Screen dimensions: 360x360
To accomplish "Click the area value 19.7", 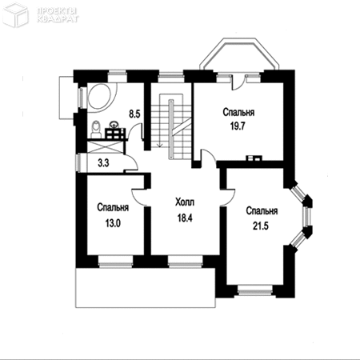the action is pyautogui.click(x=238, y=126).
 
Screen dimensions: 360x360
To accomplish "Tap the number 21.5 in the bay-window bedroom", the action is pyautogui.click(x=261, y=226).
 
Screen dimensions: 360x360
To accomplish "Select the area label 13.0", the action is pyautogui.click(x=113, y=223).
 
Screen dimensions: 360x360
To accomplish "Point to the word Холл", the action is pyautogui.click(x=185, y=202).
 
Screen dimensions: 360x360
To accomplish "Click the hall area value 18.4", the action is pyautogui.click(x=185, y=218).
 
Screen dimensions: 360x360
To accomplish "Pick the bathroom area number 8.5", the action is pyautogui.click(x=134, y=114).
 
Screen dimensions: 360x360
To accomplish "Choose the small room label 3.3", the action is pyautogui.click(x=103, y=162).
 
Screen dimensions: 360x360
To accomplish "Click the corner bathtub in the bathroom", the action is pyautogui.click(x=102, y=97).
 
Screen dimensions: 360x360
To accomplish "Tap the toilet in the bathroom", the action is pyautogui.click(x=95, y=130).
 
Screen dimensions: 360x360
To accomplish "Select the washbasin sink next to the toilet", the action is pyautogui.click(x=114, y=124).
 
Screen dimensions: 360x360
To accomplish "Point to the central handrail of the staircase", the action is pyautogui.click(x=170, y=129).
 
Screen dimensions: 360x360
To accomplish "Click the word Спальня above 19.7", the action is pyautogui.click(x=238, y=112).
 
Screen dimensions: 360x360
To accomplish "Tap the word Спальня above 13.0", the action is pyautogui.click(x=113, y=207).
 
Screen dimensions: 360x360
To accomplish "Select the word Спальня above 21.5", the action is pyautogui.click(x=262, y=211).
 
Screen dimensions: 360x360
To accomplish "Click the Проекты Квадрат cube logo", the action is pyautogui.click(x=15, y=16).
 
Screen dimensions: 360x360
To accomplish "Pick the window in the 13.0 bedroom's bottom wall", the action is pyautogui.click(x=115, y=262).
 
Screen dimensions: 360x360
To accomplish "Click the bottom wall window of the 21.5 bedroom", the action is pyautogui.click(x=255, y=290).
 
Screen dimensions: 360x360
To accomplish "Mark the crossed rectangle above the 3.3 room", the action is pyautogui.click(x=106, y=147).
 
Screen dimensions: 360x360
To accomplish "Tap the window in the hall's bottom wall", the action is pyautogui.click(x=186, y=262).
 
